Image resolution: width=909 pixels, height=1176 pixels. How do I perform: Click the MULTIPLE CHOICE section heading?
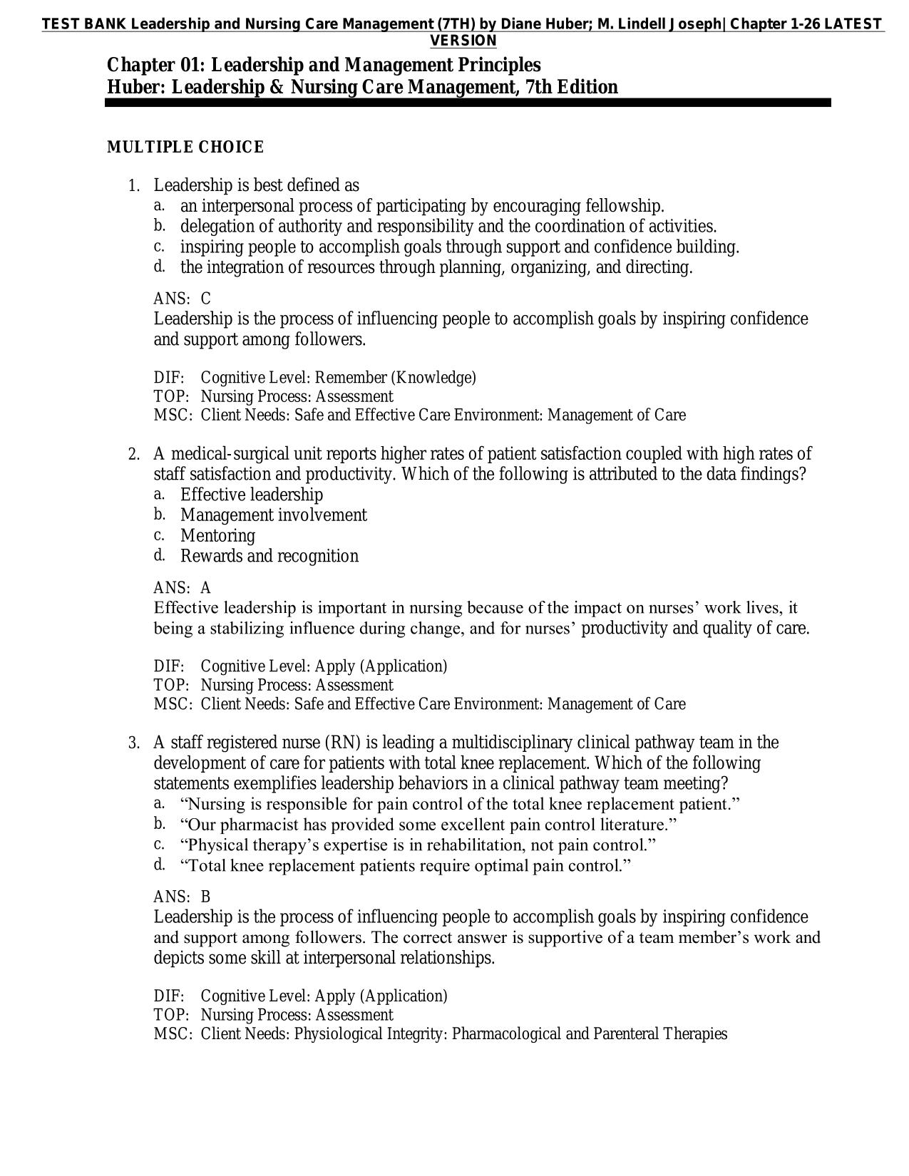185,148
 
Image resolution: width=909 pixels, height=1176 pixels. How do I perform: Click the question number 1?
133,186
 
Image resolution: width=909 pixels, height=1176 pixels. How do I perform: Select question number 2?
133,455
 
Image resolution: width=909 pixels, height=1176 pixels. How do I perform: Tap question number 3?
133,743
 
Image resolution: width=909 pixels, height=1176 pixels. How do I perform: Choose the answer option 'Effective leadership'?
251,495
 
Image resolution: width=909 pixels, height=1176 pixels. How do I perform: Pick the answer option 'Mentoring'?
217,535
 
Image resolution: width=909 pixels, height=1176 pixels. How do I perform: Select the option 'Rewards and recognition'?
269,556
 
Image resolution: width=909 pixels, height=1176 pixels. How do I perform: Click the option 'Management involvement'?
273,515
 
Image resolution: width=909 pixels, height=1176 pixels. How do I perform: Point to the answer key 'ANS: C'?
182,299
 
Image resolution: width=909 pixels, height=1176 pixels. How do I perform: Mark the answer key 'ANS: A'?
182,588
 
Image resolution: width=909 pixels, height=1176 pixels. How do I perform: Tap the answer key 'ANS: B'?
182,897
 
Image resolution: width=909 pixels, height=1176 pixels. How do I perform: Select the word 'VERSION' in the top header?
463,41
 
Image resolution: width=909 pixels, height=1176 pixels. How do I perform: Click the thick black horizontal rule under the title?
468,103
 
